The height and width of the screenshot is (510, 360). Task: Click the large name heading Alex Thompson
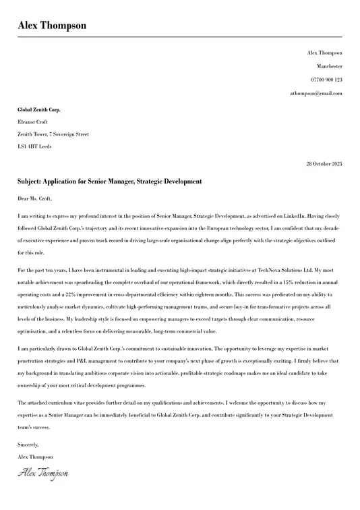(52, 26)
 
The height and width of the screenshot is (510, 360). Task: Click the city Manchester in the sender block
(329, 66)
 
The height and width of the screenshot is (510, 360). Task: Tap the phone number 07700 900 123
(326, 80)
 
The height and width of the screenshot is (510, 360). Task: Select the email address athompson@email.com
(316, 93)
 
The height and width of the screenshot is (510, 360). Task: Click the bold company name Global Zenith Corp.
(38, 109)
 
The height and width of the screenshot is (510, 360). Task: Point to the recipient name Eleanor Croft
(32, 122)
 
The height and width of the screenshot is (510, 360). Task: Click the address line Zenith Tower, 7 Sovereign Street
(53, 134)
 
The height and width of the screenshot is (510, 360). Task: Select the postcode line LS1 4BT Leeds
(34, 146)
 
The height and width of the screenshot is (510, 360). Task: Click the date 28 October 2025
(324, 164)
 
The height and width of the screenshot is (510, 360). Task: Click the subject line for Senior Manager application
(110, 181)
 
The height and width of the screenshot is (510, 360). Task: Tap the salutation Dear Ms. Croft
(34, 199)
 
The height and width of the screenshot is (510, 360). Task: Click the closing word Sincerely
(28, 445)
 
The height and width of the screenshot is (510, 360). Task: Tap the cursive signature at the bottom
(43, 474)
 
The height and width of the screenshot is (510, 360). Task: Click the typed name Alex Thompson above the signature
(35, 457)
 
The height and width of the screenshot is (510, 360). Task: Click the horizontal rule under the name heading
(180, 36)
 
